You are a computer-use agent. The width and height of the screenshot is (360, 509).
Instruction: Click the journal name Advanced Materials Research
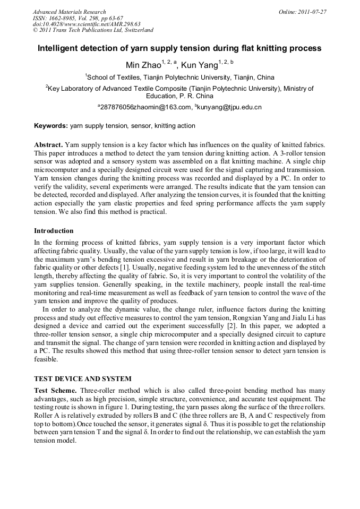click(x=69, y=12)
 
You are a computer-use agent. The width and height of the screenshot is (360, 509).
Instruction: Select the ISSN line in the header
click(x=78, y=18)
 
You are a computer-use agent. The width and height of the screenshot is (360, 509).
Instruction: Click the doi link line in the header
click(x=87, y=24)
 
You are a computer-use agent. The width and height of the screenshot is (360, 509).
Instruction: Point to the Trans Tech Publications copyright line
click(x=93, y=31)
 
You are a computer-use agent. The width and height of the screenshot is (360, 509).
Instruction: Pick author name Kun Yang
click(x=199, y=65)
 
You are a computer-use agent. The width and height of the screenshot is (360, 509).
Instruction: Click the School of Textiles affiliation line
click(x=179, y=77)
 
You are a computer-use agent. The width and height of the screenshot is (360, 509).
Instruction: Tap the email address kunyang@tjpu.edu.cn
click(x=229, y=108)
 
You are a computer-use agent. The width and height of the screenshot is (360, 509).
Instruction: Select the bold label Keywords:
click(x=51, y=126)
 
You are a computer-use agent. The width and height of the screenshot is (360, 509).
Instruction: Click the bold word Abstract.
click(x=49, y=145)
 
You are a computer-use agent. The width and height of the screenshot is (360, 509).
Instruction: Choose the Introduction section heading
click(x=54, y=231)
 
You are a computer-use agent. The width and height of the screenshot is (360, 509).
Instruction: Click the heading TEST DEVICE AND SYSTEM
click(x=82, y=379)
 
